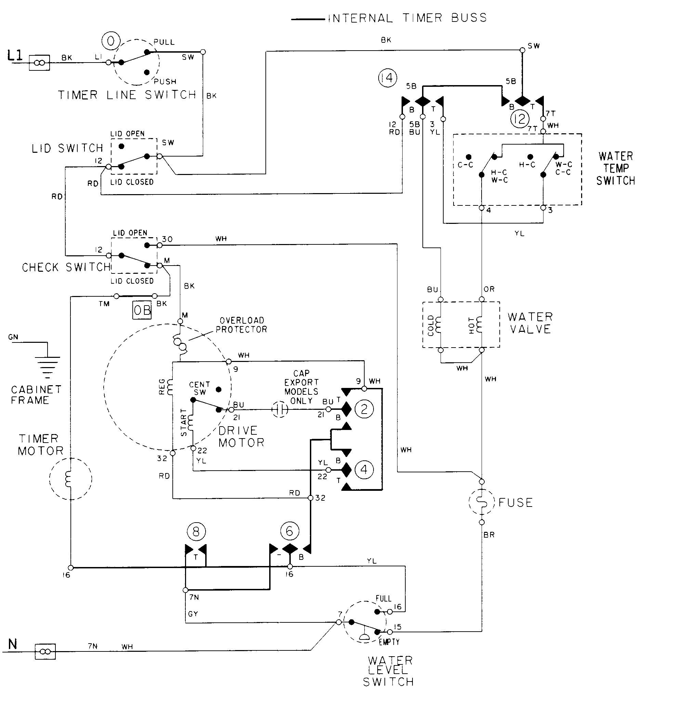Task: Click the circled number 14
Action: [388, 78]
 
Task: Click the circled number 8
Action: [196, 531]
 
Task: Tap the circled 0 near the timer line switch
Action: [111, 41]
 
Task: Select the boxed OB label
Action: [142, 310]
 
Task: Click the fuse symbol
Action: [482, 502]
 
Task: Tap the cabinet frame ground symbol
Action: [47, 365]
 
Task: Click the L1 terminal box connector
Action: [39, 63]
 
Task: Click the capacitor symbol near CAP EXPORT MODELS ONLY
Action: [280, 409]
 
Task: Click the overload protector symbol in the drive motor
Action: [180, 343]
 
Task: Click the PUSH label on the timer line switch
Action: [165, 82]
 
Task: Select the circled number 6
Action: [289, 531]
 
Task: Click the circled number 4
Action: [364, 469]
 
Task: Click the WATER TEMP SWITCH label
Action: [616, 168]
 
